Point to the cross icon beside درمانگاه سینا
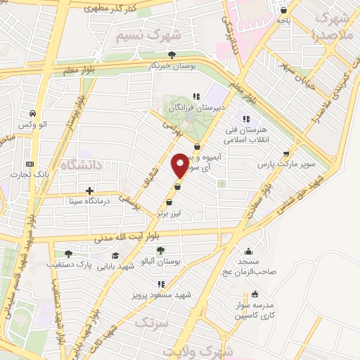click(x=89, y=191)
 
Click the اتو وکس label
click(x=34, y=124)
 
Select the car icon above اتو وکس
click(x=33, y=113)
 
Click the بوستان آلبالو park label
click(x=161, y=261)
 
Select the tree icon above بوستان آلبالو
click(x=161, y=250)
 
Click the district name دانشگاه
click(x=82, y=165)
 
